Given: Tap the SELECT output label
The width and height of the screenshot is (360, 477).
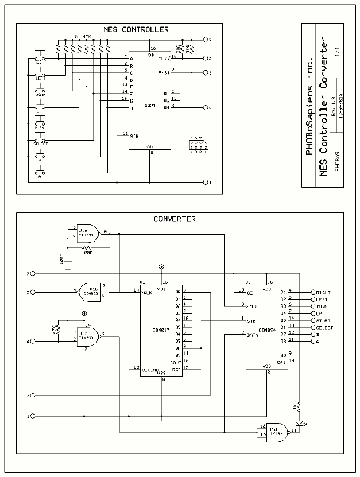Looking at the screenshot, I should pyautogui.click(x=324, y=328).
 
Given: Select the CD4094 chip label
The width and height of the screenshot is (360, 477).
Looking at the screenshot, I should pyautogui.click(x=266, y=327).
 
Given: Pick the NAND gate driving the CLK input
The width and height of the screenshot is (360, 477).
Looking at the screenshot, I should pyautogui.click(x=95, y=289).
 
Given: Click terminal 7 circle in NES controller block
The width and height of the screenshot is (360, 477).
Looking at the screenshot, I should pyautogui.click(x=208, y=39).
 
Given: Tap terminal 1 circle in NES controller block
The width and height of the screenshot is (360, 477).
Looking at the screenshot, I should pyautogui.click(x=208, y=183).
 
